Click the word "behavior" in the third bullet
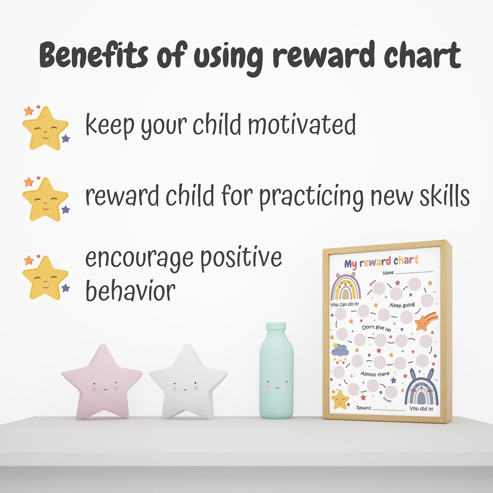coord(130,290)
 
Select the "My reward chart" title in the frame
coord(381,262)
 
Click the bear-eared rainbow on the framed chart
coord(346,287)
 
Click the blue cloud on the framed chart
coord(340,350)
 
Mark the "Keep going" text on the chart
coord(402,305)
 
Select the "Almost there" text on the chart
coord(375,374)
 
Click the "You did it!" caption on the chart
coord(421,409)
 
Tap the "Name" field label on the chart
coord(388,273)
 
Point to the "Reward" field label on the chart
coord(363,408)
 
